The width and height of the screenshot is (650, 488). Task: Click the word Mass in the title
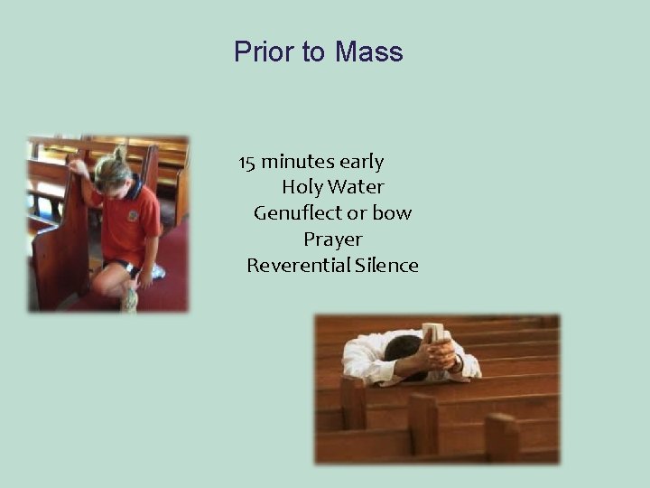(x=368, y=52)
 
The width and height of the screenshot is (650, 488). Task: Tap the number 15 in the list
(x=247, y=163)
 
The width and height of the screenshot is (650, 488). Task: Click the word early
(x=361, y=163)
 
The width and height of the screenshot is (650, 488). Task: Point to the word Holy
(x=302, y=188)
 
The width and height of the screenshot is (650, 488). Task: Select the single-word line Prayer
(x=332, y=239)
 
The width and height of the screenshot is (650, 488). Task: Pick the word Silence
(x=387, y=266)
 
